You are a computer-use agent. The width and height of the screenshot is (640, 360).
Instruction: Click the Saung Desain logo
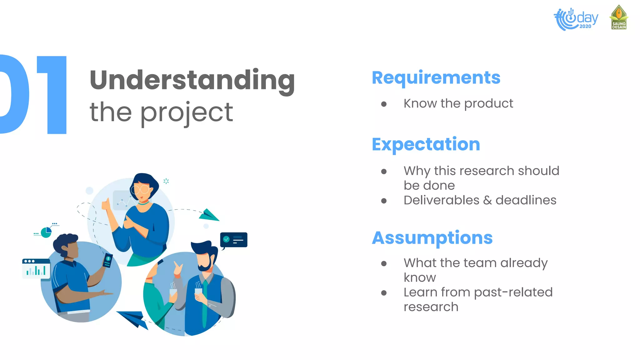click(x=619, y=17)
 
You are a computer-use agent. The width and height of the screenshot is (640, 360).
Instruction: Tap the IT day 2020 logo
click(x=576, y=19)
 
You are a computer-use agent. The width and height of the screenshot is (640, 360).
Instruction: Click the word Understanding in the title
click(x=192, y=80)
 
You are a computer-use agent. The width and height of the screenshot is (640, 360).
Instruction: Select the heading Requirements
click(x=436, y=77)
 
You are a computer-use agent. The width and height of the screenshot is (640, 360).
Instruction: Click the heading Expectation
click(x=426, y=144)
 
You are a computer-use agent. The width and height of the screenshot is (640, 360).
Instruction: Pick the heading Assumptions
click(x=432, y=238)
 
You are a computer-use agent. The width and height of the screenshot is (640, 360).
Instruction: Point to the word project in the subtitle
click(x=186, y=112)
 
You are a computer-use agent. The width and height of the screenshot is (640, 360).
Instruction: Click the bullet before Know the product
click(x=384, y=104)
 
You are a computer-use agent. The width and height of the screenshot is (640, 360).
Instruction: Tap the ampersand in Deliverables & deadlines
click(x=487, y=200)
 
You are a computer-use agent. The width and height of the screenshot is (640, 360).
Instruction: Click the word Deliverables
click(x=441, y=200)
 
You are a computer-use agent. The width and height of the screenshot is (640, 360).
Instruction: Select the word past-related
click(x=513, y=292)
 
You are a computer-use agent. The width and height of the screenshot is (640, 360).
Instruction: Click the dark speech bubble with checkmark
click(x=234, y=240)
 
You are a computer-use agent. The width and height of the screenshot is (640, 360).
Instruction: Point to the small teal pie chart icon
click(x=46, y=232)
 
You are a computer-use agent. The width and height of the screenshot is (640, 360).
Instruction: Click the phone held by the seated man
click(x=107, y=260)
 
